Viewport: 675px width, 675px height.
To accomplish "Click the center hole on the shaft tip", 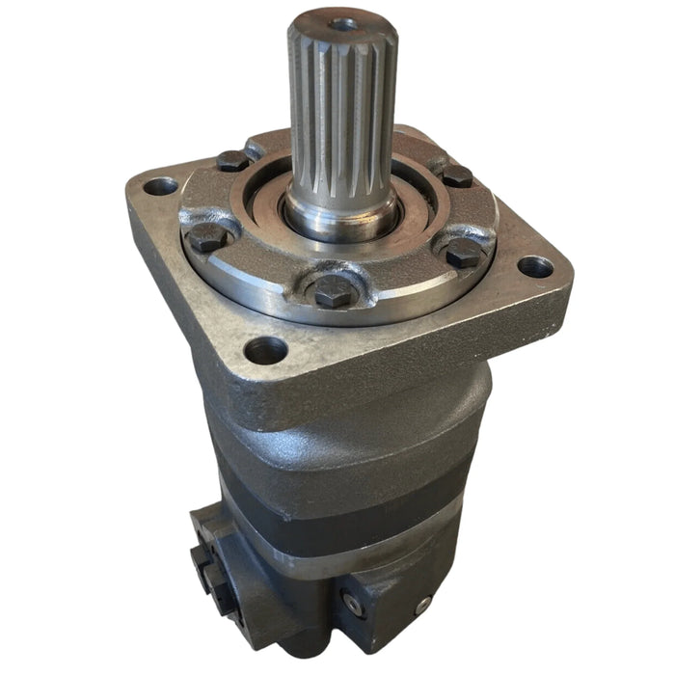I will (x=341, y=23).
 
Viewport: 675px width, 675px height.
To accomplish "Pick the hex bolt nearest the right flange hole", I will (x=465, y=254).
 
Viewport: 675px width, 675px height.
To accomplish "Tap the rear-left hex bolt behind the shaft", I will (x=232, y=161).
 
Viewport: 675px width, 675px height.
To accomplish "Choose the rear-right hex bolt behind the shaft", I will (x=456, y=175).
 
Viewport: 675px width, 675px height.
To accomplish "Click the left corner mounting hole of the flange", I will (x=160, y=185).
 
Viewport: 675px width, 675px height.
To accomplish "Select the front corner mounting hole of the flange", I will (x=265, y=349).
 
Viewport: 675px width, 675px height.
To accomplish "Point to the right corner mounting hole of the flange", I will (x=535, y=266).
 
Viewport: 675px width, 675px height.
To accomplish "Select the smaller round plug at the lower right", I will (x=422, y=605).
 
